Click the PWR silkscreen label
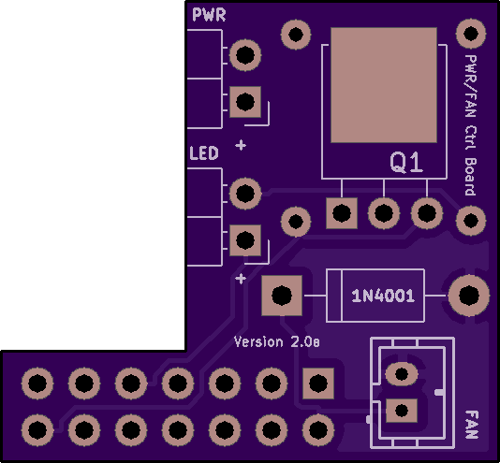(x=209, y=15)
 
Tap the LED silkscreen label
(x=204, y=153)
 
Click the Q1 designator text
(x=406, y=163)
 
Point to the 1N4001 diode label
(x=383, y=296)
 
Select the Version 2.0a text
(x=277, y=342)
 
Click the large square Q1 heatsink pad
(x=384, y=85)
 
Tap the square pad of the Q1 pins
(x=342, y=213)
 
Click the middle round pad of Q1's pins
(x=384, y=213)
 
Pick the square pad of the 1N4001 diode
(x=282, y=296)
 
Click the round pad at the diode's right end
(x=469, y=296)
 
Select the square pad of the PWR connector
(x=245, y=102)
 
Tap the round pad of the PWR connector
(x=245, y=55)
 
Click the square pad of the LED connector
(x=245, y=240)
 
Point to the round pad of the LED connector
(x=245, y=194)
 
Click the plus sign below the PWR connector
(x=241, y=145)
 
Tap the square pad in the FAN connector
(x=402, y=411)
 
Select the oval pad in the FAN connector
(x=402, y=373)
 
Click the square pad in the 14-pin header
(x=318, y=383)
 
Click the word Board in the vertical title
(x=470, y=176)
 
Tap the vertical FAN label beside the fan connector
(x=472, y=425)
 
